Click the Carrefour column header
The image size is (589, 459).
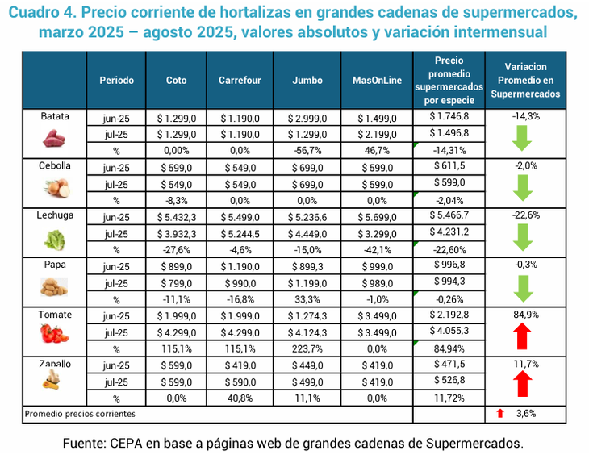click(x=240, y=81)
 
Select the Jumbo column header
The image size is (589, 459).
click(x=307, y=81)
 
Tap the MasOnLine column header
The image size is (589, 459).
click(x=376, y=81)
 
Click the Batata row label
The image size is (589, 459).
click(x=56, y=116)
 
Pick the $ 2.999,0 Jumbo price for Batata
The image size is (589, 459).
click(x=307, y=117)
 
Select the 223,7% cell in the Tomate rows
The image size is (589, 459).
click(x=307, y=349)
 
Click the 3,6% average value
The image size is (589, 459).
click(x=527, y=413)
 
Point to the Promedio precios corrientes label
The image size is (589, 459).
click(x=80, y=413)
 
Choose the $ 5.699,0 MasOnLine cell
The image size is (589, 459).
click(x=376, y=217)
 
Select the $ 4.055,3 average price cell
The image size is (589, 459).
click(x=449, y=331)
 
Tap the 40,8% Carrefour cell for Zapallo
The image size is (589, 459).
click(x=240, y=398)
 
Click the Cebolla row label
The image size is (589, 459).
click(x=56, y=165)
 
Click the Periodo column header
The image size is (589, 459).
click(x=116, y=81)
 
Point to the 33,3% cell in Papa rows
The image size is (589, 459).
click(x=307, y=299)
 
